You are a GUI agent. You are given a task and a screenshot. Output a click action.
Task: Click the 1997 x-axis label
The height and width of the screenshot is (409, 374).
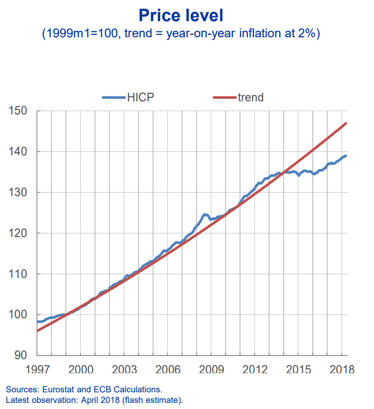(37, 370)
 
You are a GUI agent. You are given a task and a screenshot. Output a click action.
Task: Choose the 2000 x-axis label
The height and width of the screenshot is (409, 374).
(81, 370)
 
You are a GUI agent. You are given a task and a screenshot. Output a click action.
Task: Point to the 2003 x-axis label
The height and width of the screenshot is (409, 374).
(125, 370)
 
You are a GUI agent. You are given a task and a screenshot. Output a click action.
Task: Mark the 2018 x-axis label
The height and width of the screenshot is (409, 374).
(341, 370)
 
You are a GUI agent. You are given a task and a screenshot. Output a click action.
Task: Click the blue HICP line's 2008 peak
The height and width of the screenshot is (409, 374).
(205, 214)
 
